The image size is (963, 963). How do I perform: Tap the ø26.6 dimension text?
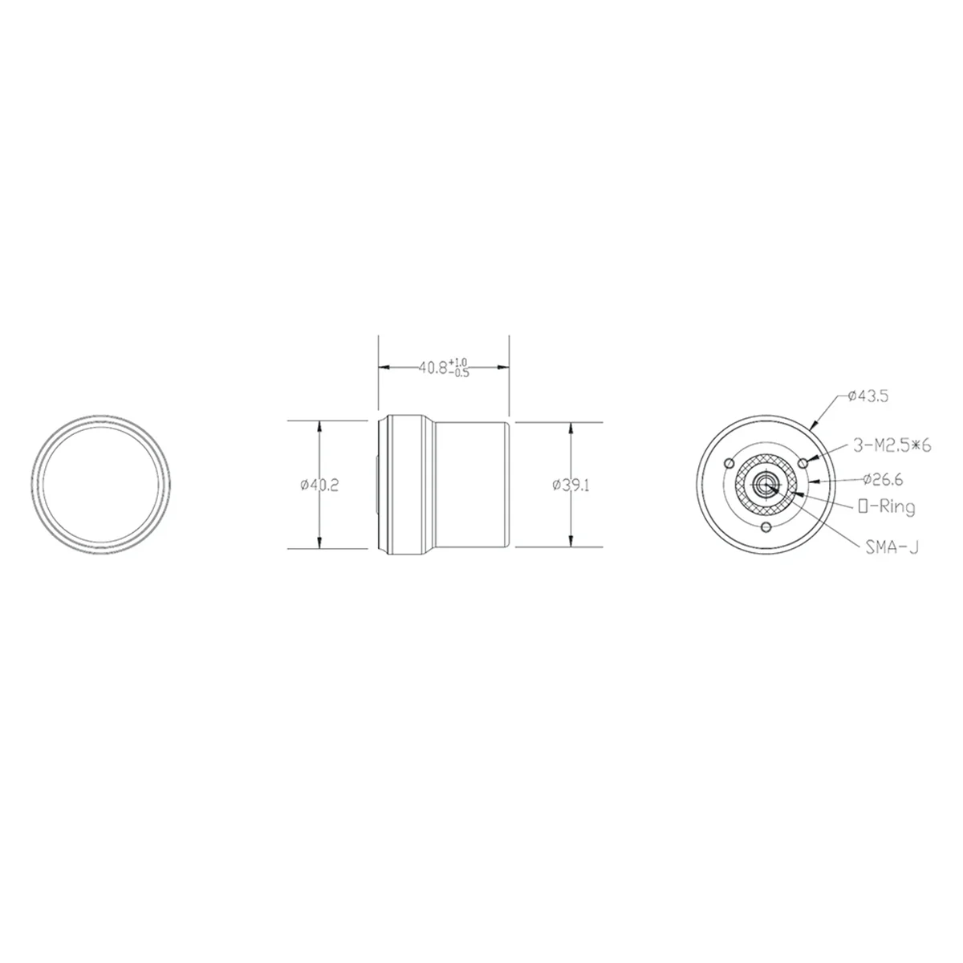(882, 480)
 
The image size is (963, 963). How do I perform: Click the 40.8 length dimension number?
(433, 368)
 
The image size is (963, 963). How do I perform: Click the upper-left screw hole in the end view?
(727, 464)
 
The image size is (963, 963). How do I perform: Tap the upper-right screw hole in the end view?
(804, 463)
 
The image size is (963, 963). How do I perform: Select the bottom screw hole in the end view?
(766, 526)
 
